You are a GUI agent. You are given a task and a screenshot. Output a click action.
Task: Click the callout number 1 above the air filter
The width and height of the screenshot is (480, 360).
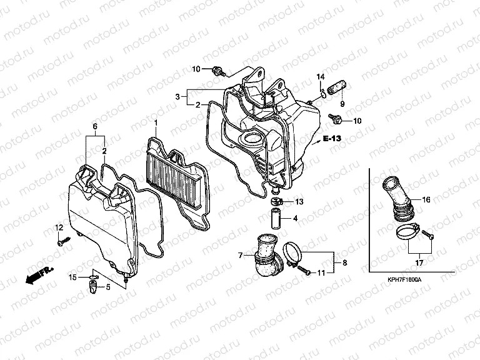156,122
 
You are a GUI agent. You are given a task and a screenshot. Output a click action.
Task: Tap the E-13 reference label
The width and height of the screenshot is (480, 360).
332,139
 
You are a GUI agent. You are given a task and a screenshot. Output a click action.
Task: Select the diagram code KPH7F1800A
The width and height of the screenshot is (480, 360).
404,280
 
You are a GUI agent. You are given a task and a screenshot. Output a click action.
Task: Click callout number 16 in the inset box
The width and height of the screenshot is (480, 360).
426,199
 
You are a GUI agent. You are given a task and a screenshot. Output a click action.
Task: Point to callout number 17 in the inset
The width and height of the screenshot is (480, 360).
419,262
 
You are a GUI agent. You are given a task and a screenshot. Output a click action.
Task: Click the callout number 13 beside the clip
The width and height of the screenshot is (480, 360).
299,202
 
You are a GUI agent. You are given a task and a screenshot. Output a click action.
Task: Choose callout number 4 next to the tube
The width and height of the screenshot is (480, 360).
295,219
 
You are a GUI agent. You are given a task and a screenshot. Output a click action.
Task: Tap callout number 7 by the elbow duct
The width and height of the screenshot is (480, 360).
240,255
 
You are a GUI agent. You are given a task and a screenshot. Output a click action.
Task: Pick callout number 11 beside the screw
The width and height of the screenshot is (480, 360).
321,272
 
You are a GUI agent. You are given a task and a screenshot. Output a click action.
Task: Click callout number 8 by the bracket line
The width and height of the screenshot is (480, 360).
345,262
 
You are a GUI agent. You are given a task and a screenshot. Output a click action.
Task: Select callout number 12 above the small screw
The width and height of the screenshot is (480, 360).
59,227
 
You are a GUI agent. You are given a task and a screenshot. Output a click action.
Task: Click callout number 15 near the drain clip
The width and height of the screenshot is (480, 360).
72,277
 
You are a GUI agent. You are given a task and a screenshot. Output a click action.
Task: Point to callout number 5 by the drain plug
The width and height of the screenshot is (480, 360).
107,287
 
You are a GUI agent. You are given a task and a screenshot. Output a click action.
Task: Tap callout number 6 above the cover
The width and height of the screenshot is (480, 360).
95,126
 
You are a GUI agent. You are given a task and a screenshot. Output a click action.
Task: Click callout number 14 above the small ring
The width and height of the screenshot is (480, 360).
321,76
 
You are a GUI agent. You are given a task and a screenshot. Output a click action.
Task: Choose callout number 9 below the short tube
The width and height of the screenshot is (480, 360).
342,104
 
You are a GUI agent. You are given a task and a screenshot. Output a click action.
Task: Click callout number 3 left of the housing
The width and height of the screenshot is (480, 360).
177,97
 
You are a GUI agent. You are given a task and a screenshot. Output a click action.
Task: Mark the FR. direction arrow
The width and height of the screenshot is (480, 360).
39,276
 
